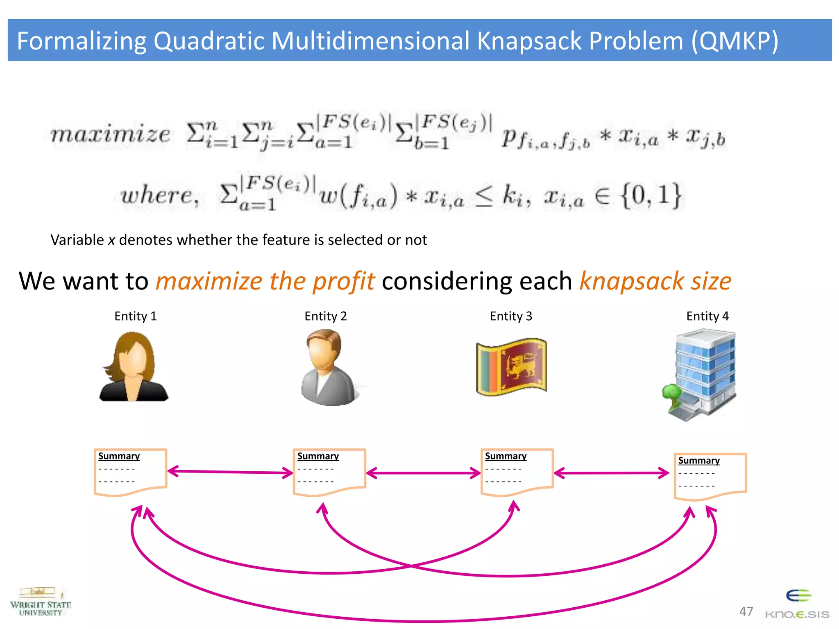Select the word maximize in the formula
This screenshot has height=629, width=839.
click(x=110, y=134)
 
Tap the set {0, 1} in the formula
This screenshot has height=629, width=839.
click(x=651, y=195)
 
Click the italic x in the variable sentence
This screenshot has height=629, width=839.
click(x=111, y=240)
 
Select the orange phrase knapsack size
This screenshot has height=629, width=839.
click(x=655, y=281)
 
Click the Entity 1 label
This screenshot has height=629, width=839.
click(x=135, y=316)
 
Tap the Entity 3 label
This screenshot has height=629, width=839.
click(x=511, y=316)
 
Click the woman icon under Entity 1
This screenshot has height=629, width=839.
click(x=134, y=367)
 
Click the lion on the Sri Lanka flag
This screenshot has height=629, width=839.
click(x=519, y=366)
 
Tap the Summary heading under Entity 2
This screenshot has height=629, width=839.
click(x=318, y=456)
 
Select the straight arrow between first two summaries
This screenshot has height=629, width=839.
click(x=230, y=472)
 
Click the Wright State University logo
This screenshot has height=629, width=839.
click(x=40, y=602)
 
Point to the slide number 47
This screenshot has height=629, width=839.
click(x=746, y=611)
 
